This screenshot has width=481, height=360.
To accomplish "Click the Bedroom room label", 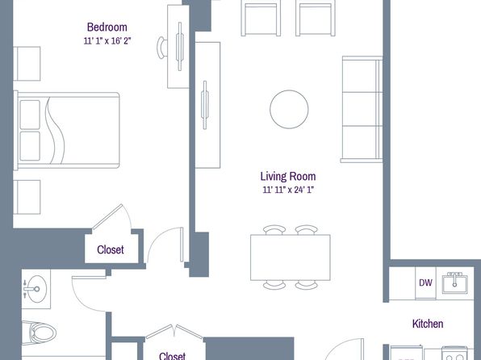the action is [107, 27].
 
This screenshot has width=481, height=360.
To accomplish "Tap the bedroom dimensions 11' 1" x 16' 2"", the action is [107, 41].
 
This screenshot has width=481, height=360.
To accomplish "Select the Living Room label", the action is [288, 176].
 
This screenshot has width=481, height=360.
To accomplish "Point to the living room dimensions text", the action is [288, 190].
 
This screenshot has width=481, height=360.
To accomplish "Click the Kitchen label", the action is [428, 324].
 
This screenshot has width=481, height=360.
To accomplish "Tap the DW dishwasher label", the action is [426, 283].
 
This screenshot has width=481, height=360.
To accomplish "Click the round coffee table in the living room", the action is [289, 109].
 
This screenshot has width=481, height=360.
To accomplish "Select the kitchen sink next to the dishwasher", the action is [455, 283].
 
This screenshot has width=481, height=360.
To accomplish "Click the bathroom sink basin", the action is [36, 289].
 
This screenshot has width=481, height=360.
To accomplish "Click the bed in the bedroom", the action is [66, 130].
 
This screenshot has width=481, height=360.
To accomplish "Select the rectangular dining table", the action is [291, 257].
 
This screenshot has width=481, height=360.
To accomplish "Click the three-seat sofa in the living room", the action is [362, 109].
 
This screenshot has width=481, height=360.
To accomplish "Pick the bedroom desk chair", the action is [162, 48].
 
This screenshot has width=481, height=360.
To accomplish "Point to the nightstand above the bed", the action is [27, 64].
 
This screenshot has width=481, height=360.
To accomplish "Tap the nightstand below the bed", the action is [27, 197].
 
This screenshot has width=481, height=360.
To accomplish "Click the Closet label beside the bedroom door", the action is [111, 249].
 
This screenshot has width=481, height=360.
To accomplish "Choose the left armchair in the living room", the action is [261, 19].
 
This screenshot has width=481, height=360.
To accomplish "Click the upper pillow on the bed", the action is [30, 115].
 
